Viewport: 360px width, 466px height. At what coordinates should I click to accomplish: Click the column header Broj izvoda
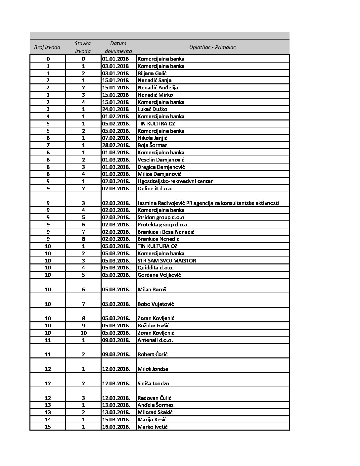pyautogui.click(x=47, y=47)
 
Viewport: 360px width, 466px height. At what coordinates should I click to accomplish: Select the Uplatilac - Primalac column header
pyautogui.click(x=212, y=47)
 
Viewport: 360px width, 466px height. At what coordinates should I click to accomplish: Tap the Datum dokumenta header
pyautogui.click(x=118, y=47)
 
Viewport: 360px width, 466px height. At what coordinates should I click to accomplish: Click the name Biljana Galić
pyautogui.click(x=152, y=73)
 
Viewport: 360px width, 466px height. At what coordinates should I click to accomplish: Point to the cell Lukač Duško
pyautogui.click(x=152, y=109)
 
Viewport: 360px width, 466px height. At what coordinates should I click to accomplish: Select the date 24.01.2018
pyautogui.click(x=115, y=109)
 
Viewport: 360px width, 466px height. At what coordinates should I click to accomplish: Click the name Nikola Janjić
pyautogui.click(x=153, y=138)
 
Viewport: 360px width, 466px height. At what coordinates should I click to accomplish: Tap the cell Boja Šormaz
pyautogui.click(x=152, y=145)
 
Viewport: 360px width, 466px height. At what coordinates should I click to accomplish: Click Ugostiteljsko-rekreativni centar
pyautogui.click(x=175, y=181)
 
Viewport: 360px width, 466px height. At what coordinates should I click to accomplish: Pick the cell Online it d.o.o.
pyautogui.click(x=155, y=189)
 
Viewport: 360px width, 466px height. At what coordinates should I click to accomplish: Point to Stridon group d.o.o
pyautogui.click(x=161, y=217)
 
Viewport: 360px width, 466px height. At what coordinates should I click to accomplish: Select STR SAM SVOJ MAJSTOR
pyautogui.click(x=167, y=260)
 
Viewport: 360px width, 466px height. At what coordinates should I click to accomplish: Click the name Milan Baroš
pyautogui.click(x=152, y=290)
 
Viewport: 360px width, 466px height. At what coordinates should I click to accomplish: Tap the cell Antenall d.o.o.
pyautogui.click(x=155, y=340)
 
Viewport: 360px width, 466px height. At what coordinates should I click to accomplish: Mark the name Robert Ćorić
pyautogui.click(x=153, y=354)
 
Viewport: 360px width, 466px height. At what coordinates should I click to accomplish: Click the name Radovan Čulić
pyautogui.click(x=154, y=398)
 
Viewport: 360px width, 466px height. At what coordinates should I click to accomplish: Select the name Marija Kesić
pyautogui.click(x=152, y=420)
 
